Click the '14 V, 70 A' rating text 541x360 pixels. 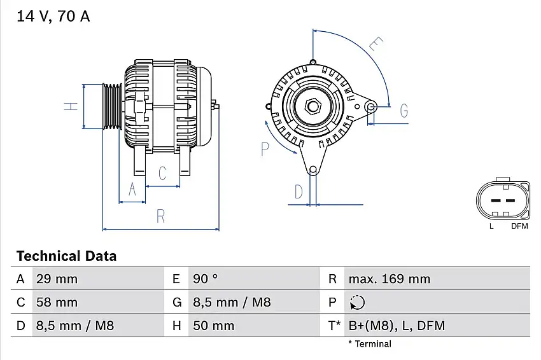coord(53,17)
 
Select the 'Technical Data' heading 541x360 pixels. coord(66,256)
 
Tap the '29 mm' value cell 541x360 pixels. coord(57,279)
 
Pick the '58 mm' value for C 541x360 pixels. coord(57,302)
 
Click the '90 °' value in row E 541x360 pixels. coord(205,279)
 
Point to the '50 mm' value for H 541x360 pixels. coord(213,326)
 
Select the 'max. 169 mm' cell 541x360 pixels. coord(389,279)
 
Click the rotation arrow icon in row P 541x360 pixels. coord(358,303)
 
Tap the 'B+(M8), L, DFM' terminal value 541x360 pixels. coord(397,326)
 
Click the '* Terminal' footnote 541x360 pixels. coord(370,344)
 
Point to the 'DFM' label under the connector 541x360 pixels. coord(519,226)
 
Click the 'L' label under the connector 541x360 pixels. coord(491,226)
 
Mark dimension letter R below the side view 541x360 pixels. coord(160,216)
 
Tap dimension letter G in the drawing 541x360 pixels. coord(404,111)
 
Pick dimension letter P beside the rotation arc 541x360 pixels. coord(265,149)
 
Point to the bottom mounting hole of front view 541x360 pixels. coord(313,170)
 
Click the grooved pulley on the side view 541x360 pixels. coord(113,106)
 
